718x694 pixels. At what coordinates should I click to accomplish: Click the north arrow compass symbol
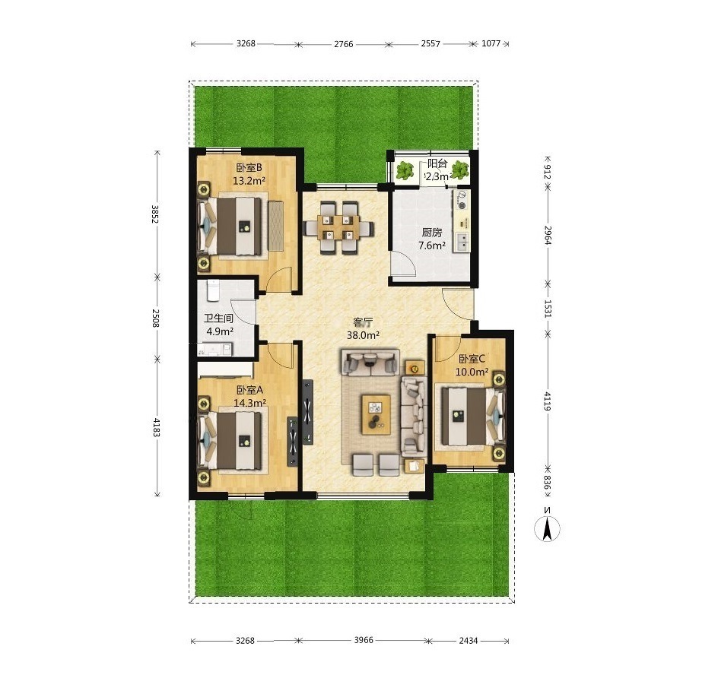[547, 528]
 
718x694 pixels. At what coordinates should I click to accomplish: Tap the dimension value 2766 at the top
[344, 44]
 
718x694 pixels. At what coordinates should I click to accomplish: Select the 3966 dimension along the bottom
[364, 640]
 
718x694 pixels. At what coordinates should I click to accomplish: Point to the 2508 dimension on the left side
[155, 318]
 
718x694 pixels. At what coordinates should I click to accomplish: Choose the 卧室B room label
[249, 167]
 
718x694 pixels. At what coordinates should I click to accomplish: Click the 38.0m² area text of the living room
[363, 335]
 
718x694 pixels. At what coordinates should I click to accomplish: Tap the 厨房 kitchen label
[432, 233]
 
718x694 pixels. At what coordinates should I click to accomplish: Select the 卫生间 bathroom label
[218, 318]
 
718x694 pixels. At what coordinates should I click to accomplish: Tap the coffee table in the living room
[376, 414]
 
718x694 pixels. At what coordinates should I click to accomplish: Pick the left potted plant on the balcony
[405, 171]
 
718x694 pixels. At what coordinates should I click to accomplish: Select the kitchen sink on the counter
[461, 242]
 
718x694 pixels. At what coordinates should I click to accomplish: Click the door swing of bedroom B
[279, 280]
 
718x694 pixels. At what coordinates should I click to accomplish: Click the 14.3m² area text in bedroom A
[250, 403]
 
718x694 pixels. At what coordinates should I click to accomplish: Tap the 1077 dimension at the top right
[491, 43]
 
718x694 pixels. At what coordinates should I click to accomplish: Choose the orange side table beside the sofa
[415, 367]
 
